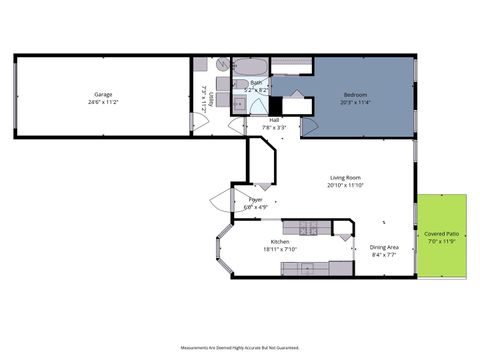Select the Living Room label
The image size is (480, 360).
coord(345,178)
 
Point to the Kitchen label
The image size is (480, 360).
coord(280,242)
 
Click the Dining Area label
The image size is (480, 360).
coord(385,247)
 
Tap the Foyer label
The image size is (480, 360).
coord(255,200)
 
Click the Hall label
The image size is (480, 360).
coord(274,120)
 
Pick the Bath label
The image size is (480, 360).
coord(256,83)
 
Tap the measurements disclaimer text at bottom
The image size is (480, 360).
coord(240,347)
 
